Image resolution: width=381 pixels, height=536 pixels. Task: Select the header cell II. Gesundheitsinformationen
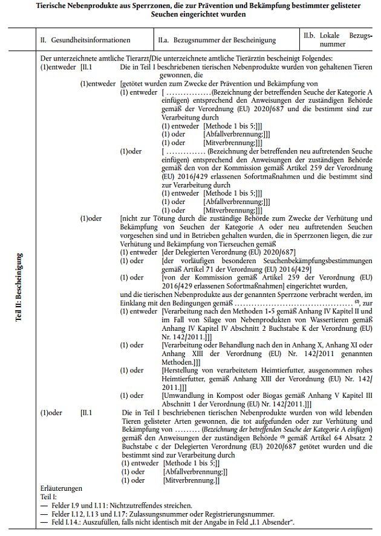tap(85, 40)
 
